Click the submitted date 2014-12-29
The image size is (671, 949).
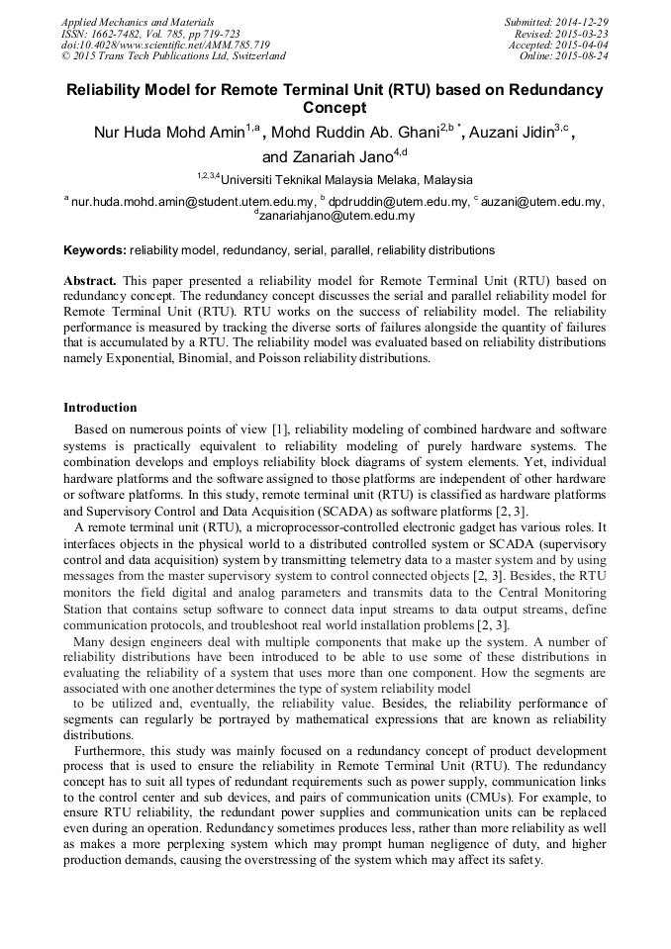coord(578,21)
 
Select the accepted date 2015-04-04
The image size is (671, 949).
coord(582,45)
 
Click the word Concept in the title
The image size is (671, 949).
coord(335,107)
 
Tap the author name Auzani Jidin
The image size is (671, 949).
coord(525,133)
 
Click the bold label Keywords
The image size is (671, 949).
coord(94,250)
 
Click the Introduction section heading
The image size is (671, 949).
coord(100,407)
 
